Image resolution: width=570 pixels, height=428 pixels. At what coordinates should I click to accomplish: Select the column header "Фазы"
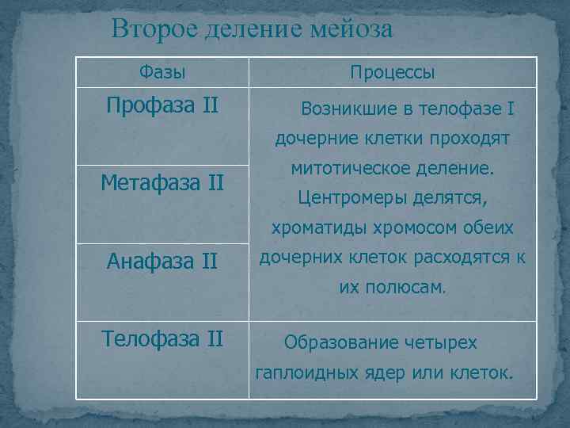162,73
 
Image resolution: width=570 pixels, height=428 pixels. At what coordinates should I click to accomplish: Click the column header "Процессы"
393,73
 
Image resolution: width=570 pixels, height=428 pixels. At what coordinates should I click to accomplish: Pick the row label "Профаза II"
162,105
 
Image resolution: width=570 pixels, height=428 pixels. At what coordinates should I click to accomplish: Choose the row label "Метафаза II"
162,183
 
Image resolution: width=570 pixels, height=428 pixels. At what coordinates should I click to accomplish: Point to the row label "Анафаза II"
162,261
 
